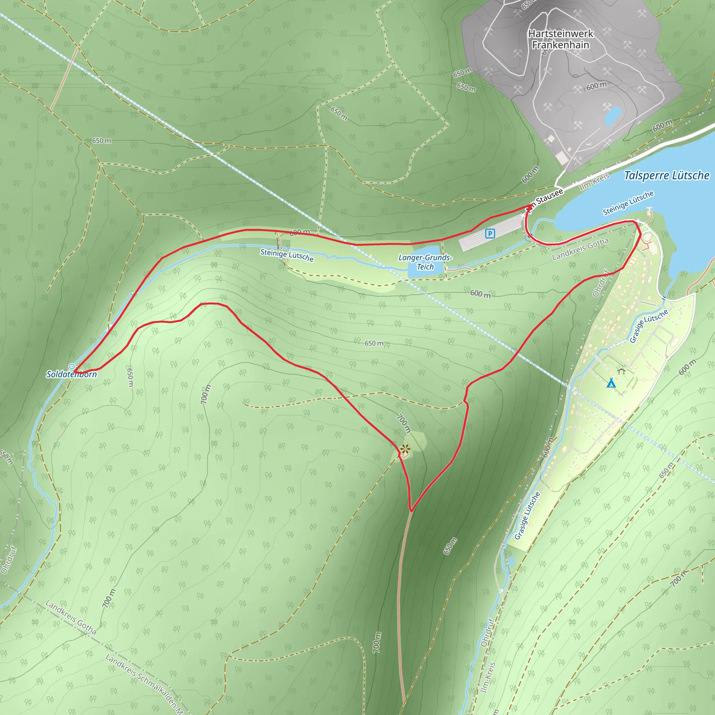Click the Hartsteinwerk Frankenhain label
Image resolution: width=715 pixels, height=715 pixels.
pyautogui.click(x=561, y=39)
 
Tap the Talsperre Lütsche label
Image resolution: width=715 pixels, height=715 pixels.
pyautogui.click(x=667, y=175)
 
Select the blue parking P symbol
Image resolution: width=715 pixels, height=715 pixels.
pyautogui.click(x=490, y=234)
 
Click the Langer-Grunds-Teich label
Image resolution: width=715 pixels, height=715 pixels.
pyautogui.click(x=425, y=262)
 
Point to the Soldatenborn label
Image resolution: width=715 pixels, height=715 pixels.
pyautogui.click(x=72, y=374)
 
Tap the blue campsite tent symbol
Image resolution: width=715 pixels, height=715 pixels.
pyautogui.click(x=611, y=383)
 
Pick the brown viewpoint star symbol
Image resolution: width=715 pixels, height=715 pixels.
pyautogui.click(x=405, y=450)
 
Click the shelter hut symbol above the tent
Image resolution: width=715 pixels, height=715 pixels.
pyautogui.click(x=621, y=370)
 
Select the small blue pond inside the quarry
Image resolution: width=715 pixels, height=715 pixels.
pyautogui.click(x=612, y=115)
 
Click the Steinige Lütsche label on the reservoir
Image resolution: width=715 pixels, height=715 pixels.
pyautogui.click(x=628, y=203)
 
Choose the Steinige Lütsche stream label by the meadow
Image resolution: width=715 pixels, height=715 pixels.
pyautogui.click(x=287, y=255)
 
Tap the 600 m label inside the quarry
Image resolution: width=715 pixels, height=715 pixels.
pyautogui.click(x=597, y=86)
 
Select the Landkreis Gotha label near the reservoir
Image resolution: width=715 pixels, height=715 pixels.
pyautogui.click(x=580, y=249)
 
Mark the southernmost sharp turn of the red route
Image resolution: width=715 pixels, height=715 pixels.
pyautogui.click(x=411, y=511)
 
